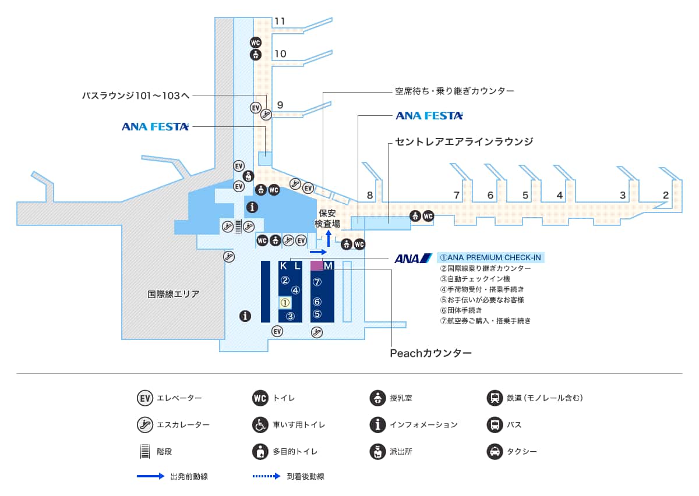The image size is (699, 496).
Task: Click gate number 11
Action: click(280, 22)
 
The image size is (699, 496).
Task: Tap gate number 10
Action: click(280, 54)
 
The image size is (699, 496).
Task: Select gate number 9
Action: click(280, 105)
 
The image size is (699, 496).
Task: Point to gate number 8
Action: click(370, 196)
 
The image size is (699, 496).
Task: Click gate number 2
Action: click(665, 195)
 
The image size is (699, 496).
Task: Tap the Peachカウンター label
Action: click(430, 353)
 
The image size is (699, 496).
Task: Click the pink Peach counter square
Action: click(316, 265)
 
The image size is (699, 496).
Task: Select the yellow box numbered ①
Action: click(285, 303)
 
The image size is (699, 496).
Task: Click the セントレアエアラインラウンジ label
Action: click(464, 141)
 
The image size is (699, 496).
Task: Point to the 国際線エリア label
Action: click(174, 295)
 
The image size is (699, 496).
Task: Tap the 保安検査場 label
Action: click(327, 219)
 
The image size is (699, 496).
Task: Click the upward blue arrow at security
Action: click(328, 238)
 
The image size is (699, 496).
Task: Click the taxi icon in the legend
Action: click(495, 451)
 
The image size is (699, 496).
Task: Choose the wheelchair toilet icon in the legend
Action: click(260, 425)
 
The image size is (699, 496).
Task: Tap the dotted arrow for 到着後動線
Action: click(267, 476)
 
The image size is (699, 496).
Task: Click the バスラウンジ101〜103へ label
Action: click(136, 95)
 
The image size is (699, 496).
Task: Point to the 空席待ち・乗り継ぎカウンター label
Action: click(454, 91)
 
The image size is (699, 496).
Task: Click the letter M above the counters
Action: click(328, 266)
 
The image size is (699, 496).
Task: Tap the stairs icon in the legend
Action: click(144, 451)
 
